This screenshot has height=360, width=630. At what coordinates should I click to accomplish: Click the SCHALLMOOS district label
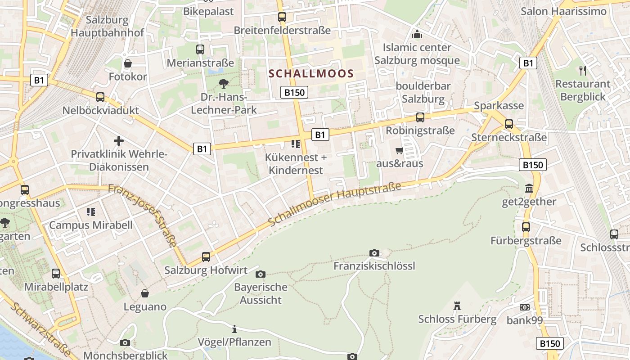pyautogui.click(x=311, y=73)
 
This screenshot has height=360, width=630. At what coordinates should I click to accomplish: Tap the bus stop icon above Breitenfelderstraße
pyautogui.click(x=282, y=17)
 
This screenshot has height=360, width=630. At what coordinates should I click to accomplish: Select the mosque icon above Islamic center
pyautogui.click(x=417, y=34)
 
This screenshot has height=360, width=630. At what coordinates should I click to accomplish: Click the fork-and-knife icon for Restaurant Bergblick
pyautogui.click(x=583, y=70)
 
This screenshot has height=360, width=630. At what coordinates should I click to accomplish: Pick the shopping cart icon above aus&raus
pyautogui.click(x=399, y=150)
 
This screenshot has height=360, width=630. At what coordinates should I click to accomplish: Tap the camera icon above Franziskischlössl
pyautogui.click(x=374, y=253)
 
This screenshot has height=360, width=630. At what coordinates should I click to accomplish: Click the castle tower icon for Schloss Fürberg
pyautogui.click(x=457, y=306)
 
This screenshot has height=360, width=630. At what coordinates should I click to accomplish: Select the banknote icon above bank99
pyautogui.click(x=524, y=307)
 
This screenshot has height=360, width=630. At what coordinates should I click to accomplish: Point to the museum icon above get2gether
pyautogui.click(x=529, y=188)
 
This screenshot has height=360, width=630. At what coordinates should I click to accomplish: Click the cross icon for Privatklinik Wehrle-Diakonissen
pyautogui.click(x=119, y=141)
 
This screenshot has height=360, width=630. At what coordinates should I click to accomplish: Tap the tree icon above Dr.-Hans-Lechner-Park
pyautogui.click(x=223, y=83)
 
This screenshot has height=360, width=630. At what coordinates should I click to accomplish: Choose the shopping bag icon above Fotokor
pyautogui.click(x=128, y=63)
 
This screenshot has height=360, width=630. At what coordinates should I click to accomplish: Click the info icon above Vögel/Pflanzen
pyautogui.click(x=234, y=329)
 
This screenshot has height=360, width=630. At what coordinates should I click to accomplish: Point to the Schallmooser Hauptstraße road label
pyautogui.click(x=334, y=204)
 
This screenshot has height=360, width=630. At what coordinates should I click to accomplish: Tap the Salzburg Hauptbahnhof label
pyautogui.click(x=107, y=27)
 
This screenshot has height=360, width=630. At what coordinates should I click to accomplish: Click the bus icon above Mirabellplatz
pyautogui.click(x=56, y=273)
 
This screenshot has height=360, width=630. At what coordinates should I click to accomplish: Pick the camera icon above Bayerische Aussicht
pyautogui.click(x=260, y=274)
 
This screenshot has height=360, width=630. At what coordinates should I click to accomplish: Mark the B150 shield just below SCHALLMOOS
pyautogui.click(x=295, y=93)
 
